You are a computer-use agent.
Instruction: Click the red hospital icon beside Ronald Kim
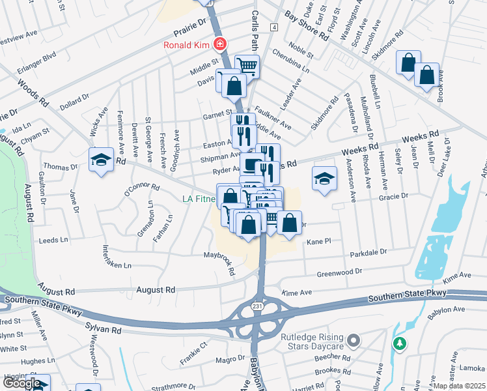(x=220, y=45)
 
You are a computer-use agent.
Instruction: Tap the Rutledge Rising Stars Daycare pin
(x=354, y=340)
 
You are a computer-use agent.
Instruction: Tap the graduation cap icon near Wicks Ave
(x=101, y=160)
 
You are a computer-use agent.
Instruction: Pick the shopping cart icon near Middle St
(x=247, y=65)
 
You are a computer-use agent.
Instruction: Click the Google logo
(x=22, y=383)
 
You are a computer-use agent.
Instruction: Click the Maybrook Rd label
(x=219, y=263)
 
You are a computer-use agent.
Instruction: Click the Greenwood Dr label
(x=339, y=272)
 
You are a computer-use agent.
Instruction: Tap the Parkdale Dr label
(x=368, y=252)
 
